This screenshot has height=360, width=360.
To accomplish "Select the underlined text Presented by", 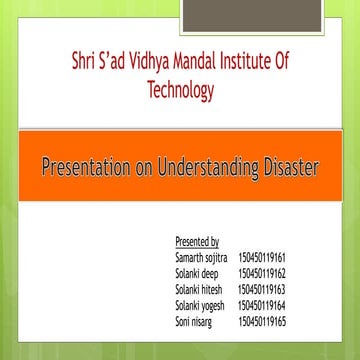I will tap(196, 242).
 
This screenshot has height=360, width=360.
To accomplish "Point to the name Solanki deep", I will tap(197, 270).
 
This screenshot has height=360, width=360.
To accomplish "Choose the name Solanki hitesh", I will tap(199, 283).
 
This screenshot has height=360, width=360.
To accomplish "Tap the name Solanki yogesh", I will tap(200, 297).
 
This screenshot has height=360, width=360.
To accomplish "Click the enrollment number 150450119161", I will tap(262, 256).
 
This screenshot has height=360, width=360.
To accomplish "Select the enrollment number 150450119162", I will tap(262, 270).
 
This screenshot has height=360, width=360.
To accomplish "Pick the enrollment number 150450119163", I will tap(262, 283).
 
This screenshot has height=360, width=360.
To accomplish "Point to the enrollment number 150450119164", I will tap(262, 297).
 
